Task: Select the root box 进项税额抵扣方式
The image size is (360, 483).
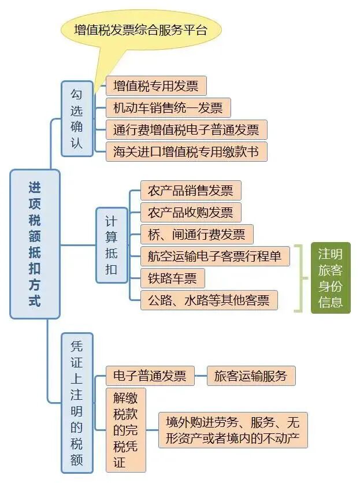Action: tap(35, 244)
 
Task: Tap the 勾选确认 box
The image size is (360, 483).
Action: tap(77, 118)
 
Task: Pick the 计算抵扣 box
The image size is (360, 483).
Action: tap(112, 245)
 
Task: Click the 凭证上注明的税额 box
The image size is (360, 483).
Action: tap(77, 403)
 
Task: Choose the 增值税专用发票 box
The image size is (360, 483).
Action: tap(155, 86)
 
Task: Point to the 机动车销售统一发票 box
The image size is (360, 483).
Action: tap(168, 107)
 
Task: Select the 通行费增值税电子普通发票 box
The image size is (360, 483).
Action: tap(186, 129)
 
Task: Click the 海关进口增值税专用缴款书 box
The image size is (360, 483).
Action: tap(186, 151)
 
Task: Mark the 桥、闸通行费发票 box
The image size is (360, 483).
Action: tap(196, 234)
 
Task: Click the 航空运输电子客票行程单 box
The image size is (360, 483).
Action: tap(214, 256)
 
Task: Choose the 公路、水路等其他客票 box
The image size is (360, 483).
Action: tap(209, 300)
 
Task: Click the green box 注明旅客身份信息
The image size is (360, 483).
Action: tap(331, 278)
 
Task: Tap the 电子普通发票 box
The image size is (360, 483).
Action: tap(150, 376)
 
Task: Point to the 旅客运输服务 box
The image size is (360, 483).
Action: tap(251, 376)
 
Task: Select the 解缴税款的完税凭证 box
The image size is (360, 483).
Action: tap(126, 430)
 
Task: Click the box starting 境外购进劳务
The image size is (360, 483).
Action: tap(232, 429)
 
